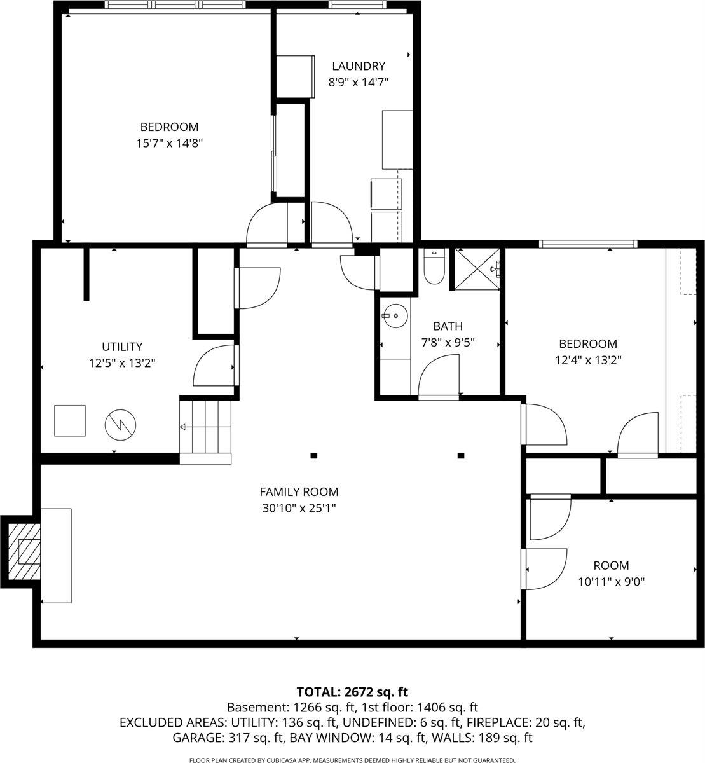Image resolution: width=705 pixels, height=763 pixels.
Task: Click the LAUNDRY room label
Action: pyautogui.click(x=359, y=66)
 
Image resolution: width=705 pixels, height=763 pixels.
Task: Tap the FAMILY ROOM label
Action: pyautogui.click(x=299, y=491)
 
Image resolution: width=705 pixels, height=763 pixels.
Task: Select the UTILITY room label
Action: pyautogui.click(x=122, y=347)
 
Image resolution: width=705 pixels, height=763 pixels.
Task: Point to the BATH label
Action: pyautogui.click(x=448, y=326)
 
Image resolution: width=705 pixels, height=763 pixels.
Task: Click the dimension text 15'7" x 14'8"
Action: pyautogui.click(x=169, y=143)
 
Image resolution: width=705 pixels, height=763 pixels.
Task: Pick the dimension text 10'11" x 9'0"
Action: pyautogui.click(x=611, y=581)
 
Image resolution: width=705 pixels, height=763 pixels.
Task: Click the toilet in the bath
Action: pyautogui.click(x=434, y=268)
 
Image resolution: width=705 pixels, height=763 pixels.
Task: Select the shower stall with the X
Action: pyautogui.click(x=476, y=269)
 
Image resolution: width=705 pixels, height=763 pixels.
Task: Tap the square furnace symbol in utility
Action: pyautogui.click(x=70, y=421)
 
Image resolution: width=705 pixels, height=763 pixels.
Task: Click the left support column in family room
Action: pyautogui.click(x=313, y=455)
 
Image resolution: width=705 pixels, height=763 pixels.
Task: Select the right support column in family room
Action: pyautogui.click(x=461, y=455)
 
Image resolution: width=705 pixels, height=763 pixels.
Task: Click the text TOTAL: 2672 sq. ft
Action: pyautogui.click(x=352, y=692)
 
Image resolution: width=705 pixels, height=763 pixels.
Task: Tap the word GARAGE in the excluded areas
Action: pyautogui.click(x=196, y=738)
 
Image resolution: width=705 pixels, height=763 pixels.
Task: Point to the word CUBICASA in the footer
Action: pyautogui.click(x=297, y=760)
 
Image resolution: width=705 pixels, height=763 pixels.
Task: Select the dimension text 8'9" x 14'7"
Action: pyautogui.click(x=358, y=82)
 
